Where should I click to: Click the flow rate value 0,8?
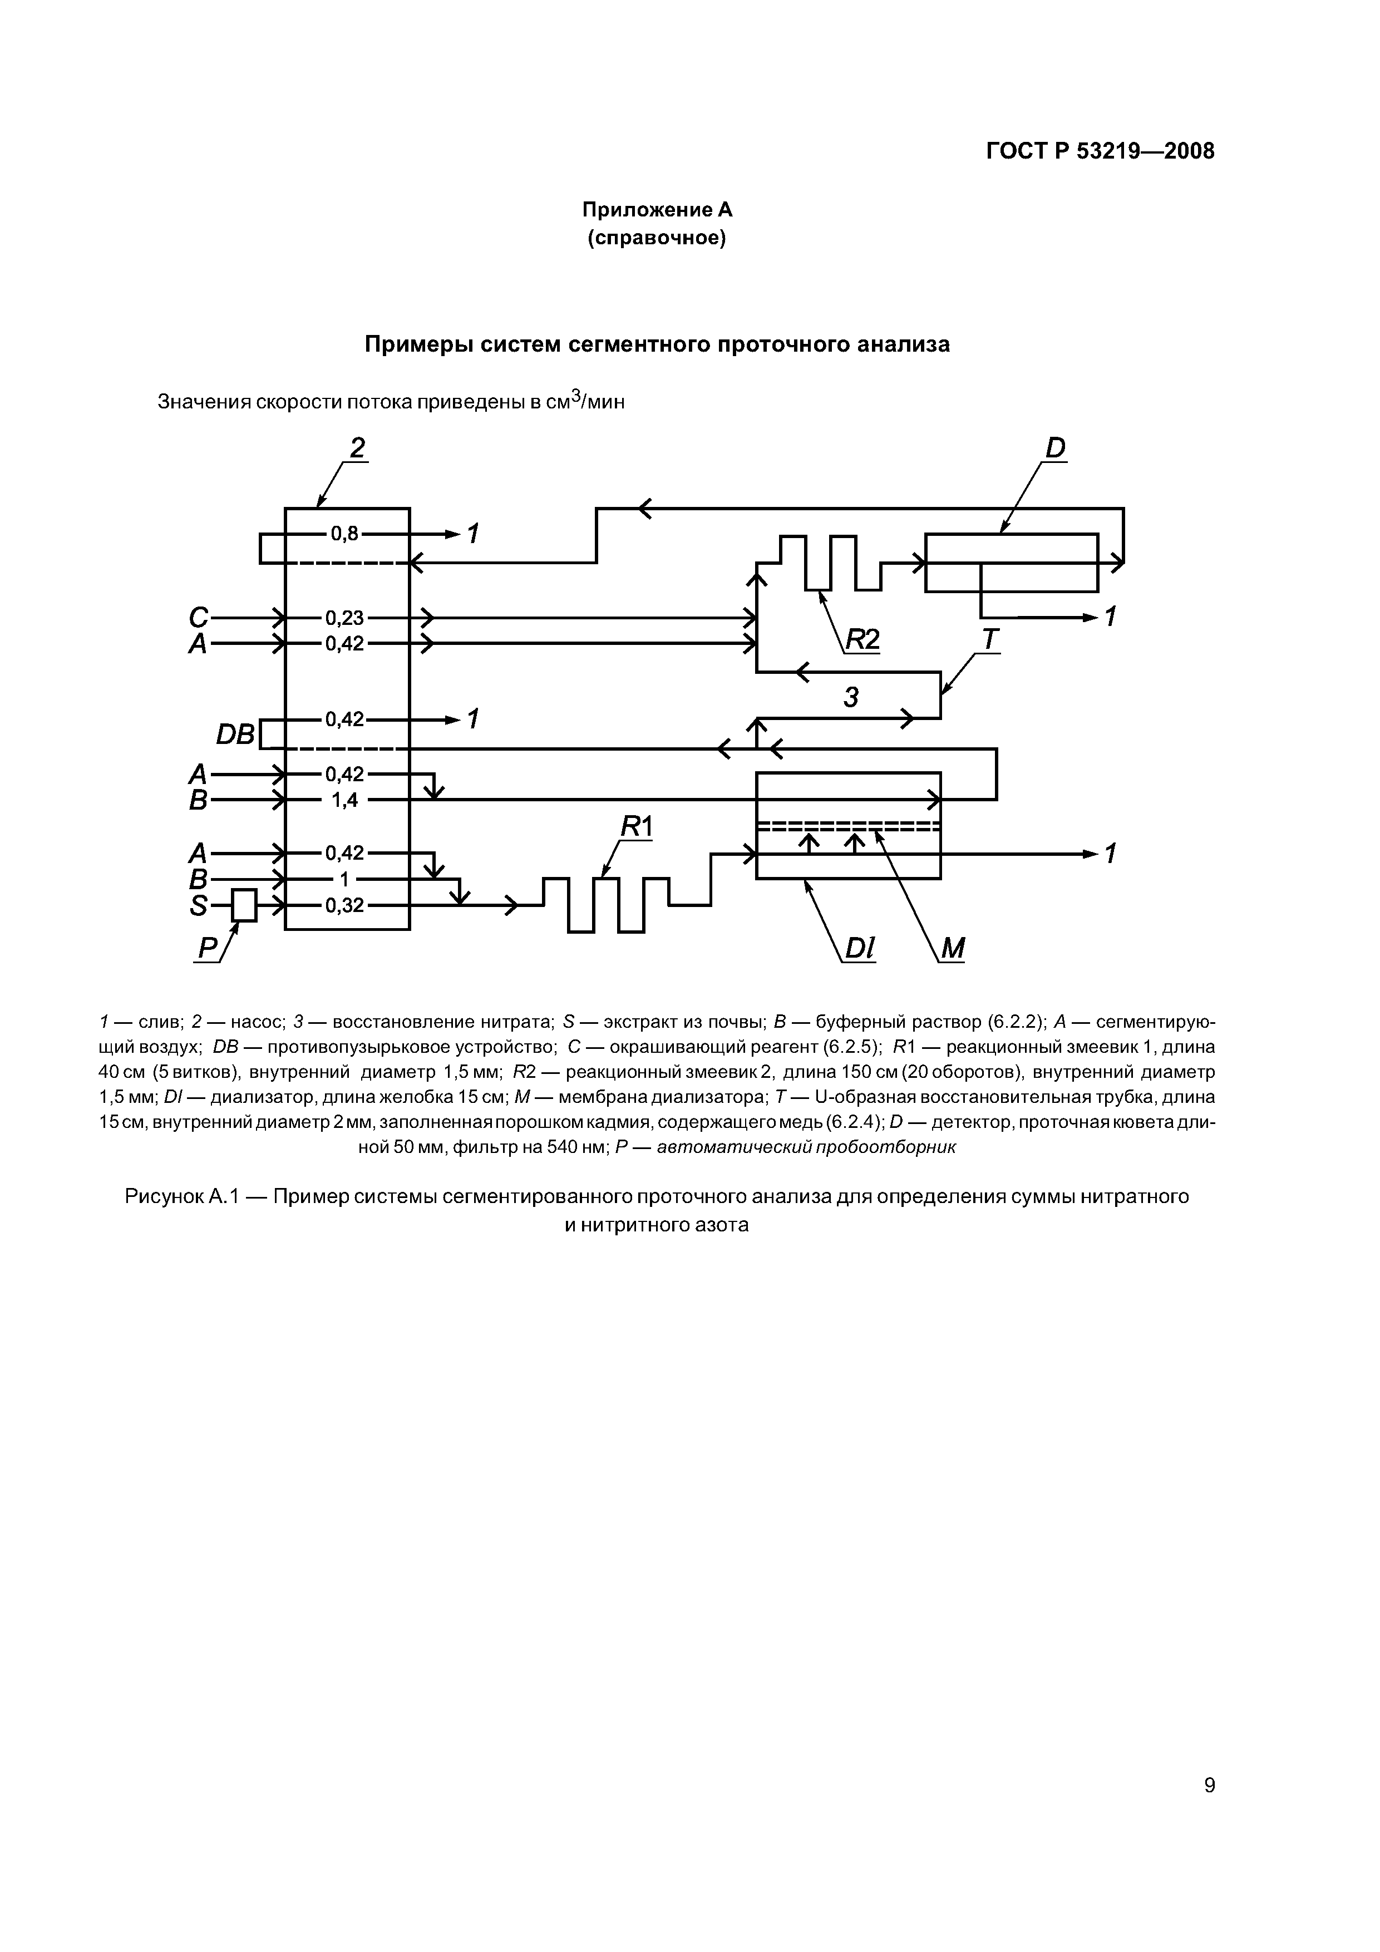pos(345,534)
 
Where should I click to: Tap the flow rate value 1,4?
pos(344,800)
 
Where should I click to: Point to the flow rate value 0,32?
pos(344,905)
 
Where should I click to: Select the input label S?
pos(198,906)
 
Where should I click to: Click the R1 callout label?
pos(635,826)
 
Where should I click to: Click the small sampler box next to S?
pos(244,905)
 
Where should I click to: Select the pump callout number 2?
pos(357,447)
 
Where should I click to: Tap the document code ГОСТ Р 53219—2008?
pos(1100,151)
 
